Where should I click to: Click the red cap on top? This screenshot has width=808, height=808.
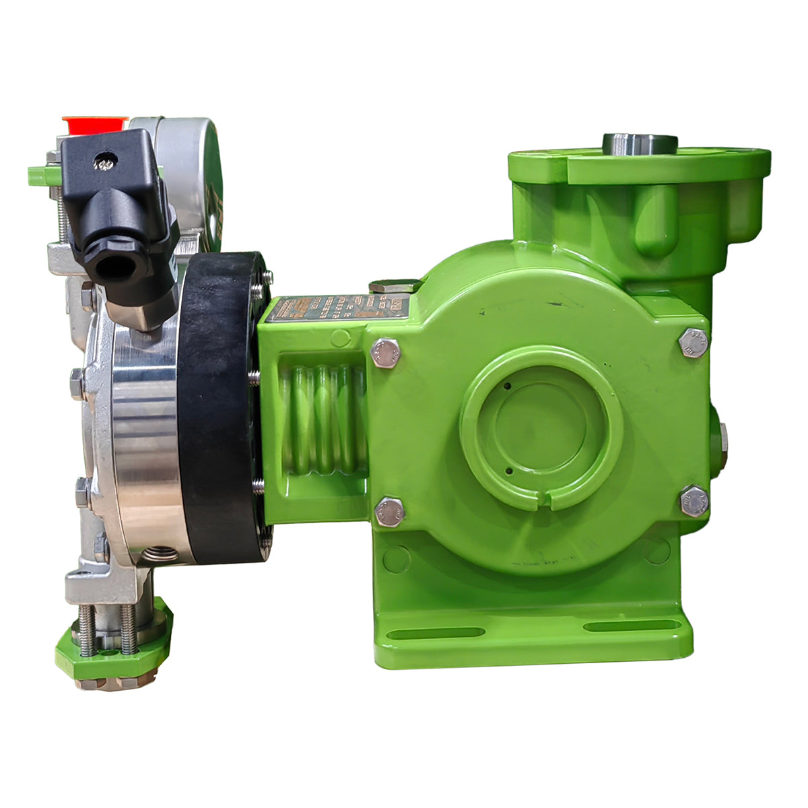click(x=94, y=125)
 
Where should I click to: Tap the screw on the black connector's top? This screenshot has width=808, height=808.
click(x=105, y=162)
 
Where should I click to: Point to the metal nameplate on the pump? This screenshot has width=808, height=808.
click(x=337, y=308)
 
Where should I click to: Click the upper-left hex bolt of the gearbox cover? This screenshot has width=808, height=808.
click(x=385, y=353)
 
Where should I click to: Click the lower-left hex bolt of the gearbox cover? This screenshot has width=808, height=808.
click(x=389, y=512)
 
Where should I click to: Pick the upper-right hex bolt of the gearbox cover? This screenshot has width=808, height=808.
click(x=694, y=343)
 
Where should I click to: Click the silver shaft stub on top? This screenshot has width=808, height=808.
click(x=639, y=143)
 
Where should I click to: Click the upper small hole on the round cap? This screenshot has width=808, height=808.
click(x=506, y=386)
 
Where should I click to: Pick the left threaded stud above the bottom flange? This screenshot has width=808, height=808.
click(x=86, y=630)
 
